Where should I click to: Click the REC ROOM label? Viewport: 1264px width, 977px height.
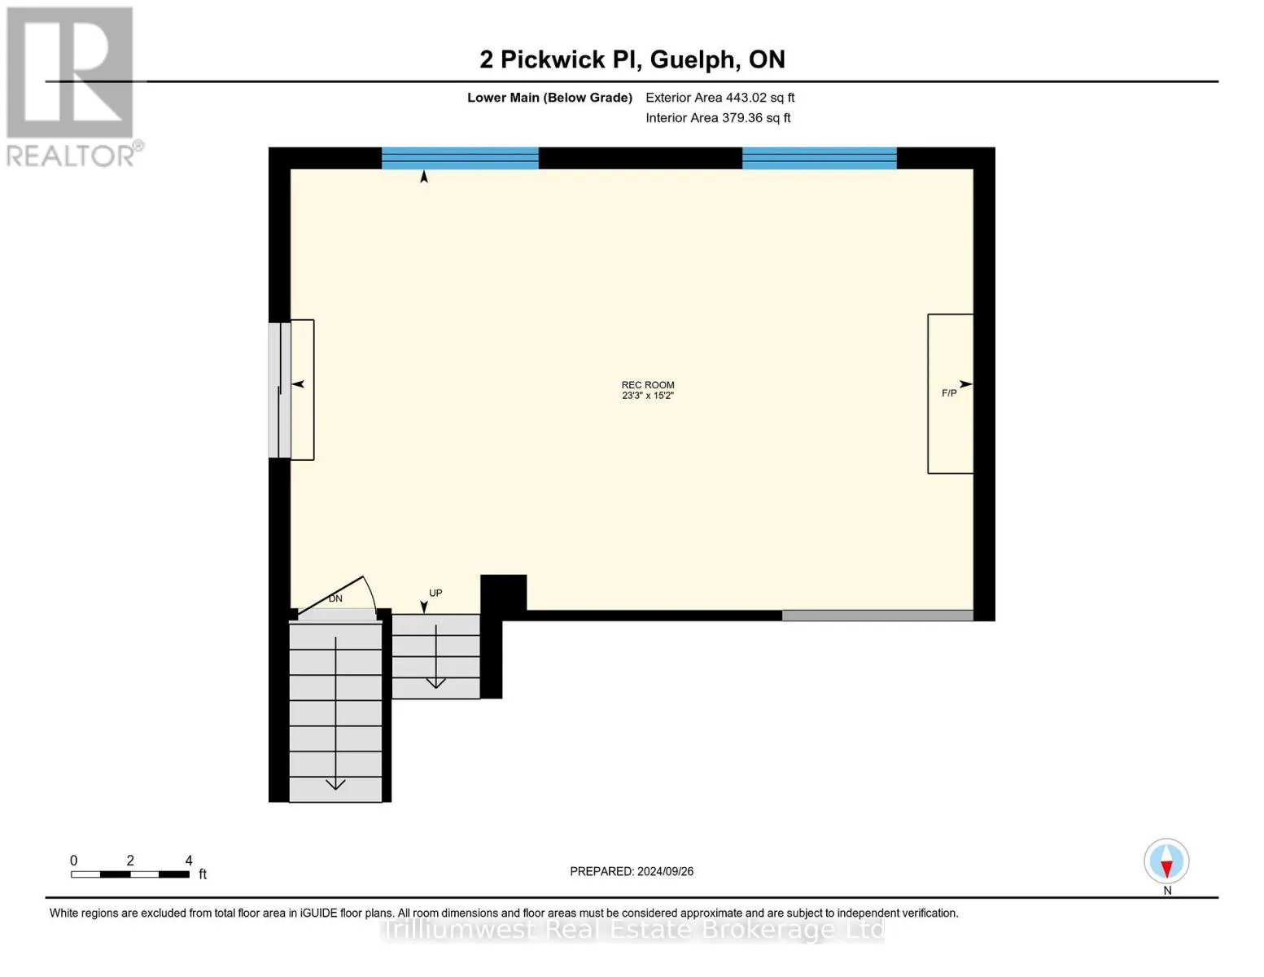tap(648, 385)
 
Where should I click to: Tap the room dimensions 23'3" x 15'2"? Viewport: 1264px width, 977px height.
tap(648, 396)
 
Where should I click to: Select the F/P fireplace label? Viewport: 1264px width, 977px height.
tap(949, 393)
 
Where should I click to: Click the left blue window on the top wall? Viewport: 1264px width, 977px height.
tap(460, 158)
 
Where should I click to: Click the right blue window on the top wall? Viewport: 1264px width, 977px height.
tap(819, 158)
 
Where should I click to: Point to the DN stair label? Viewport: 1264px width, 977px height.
tap(335, 598)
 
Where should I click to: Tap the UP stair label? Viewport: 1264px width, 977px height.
tap(435, 593)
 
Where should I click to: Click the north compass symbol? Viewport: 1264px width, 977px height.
tap(1166, 861)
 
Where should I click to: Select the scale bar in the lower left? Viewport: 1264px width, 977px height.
tap(130, 874)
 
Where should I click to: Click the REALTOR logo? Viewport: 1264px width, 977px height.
tap(72, 85)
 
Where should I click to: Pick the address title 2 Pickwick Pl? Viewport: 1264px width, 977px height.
tap(632, 59)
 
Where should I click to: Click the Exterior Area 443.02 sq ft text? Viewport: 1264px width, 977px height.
tap(719, 98)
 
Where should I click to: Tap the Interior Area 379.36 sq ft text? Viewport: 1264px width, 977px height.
tap(718, 118)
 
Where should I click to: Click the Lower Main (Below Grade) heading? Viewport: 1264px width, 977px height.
tap(549, 98)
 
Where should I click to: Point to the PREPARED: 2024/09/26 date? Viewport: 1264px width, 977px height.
tap(632, 871)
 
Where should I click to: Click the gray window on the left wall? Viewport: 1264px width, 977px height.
tap(279, 390)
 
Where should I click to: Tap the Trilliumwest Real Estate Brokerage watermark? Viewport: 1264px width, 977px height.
tap(632, 930)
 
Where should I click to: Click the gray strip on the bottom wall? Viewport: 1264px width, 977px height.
tap(877, 616)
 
